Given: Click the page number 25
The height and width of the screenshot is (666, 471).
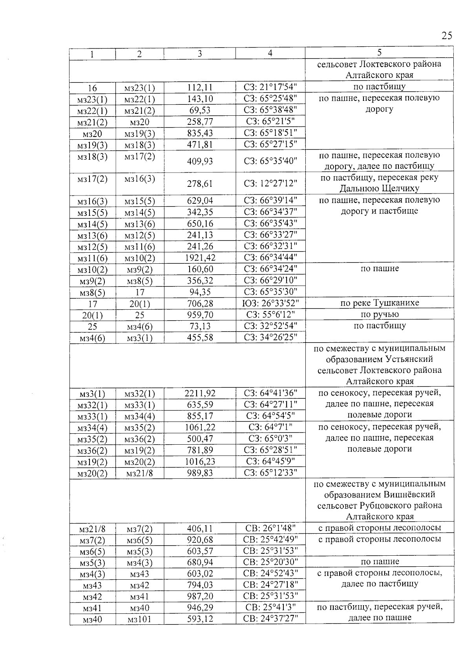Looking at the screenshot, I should [x=446, y=36].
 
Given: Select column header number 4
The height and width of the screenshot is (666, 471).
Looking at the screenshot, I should [x=270, y=53].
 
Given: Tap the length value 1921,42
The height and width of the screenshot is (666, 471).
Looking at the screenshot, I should [x=200, y=258].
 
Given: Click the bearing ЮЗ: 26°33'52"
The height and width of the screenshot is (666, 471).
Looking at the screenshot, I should [x=270, y=303].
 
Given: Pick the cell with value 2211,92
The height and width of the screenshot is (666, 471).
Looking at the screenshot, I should [x=200, y=393].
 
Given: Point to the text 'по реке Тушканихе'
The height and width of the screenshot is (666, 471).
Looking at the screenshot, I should [x=379, y=303].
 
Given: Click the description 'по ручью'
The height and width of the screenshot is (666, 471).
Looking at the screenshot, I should [x=379, y=314].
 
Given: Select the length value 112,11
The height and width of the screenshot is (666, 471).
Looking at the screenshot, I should [x=200, y=88].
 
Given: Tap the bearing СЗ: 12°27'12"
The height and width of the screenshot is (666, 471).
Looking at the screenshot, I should [x=270, y=183].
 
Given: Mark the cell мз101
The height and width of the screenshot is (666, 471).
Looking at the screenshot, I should [x=139, y=620].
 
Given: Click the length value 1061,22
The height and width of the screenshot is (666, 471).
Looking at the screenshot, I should [x=200, y=427].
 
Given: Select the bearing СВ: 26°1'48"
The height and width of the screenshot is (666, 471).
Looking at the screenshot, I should [x=270, y=528].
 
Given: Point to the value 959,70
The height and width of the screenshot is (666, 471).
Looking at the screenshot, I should [x=200, y=315].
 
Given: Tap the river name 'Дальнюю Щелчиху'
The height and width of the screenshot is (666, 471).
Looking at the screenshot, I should [x=379, y=189].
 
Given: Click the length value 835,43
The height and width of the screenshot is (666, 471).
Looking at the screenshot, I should [x=200, y=133].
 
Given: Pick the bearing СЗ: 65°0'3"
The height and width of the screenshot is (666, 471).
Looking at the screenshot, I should [x=270, y=439].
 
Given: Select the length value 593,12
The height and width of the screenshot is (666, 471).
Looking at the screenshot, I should [x=200, y=620].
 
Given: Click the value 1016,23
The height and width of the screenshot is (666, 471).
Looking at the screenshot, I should [x=200, y=462].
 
